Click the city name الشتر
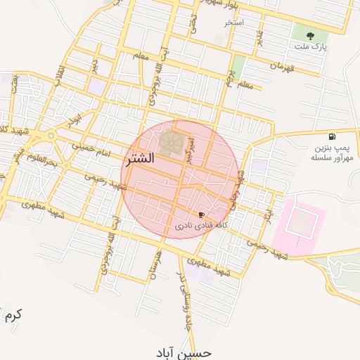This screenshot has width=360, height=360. click(x=141, y=159)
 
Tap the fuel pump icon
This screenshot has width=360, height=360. click(x=331, y=136)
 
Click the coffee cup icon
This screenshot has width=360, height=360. click(x=202, y=214)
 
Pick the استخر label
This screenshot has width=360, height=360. click(x=233, y=23)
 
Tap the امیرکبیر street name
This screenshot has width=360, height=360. click(x=190, y=149)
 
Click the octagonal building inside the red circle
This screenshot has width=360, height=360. click(x=169, y=142)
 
